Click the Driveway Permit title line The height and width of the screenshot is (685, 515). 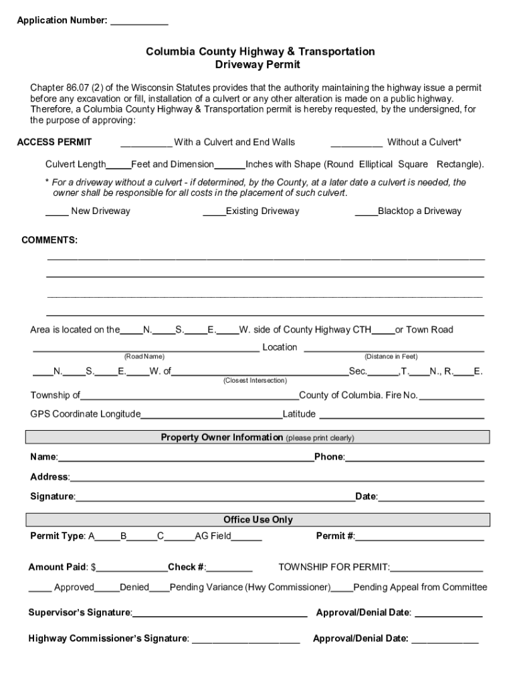[257, 65]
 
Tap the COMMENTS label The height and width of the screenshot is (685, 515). [49, 240]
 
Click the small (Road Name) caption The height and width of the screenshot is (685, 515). [144, 357]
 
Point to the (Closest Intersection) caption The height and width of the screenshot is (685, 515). [255, 381]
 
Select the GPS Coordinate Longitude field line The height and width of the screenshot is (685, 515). [211, 416]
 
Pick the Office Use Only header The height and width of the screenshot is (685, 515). [257, 520]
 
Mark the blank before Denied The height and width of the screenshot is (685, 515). [106, 589]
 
